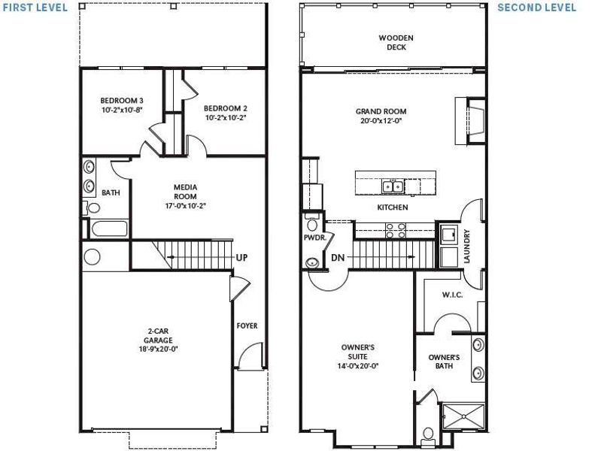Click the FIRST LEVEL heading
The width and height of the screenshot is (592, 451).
tap(34, 8)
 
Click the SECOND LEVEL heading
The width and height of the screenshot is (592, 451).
tap(536, 8)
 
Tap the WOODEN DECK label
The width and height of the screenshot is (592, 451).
tap(396, 42)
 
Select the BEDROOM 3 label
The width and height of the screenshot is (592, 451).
tap(122, 104)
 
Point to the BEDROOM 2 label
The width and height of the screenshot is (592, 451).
tap(225, 113)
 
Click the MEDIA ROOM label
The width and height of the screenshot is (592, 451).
tap(185, 195)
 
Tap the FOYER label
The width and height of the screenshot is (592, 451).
tap(247, 326)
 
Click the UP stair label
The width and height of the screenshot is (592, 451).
tap(242, 257)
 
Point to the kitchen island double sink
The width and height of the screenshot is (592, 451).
tap(392, 185)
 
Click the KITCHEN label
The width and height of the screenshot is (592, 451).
tap(393, 207)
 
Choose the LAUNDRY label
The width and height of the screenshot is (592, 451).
tap(467, 246)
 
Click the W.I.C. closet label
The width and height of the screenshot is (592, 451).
tap(452, 295)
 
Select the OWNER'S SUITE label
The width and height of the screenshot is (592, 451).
tap(358, 356)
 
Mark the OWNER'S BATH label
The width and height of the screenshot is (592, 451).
tap(444, 362)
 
